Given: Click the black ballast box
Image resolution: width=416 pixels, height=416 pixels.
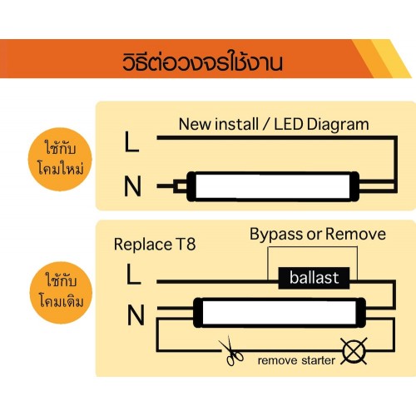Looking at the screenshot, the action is pos(314,278).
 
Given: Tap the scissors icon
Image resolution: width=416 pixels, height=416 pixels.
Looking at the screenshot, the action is pos(230,351).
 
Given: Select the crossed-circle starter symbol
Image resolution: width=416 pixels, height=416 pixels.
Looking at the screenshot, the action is pos(354,351).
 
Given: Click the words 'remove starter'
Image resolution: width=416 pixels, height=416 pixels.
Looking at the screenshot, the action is pos(296,360).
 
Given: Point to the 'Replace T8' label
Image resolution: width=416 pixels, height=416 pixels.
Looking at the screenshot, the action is pos(155,245).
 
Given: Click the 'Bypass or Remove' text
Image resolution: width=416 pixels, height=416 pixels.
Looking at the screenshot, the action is pos(318,235).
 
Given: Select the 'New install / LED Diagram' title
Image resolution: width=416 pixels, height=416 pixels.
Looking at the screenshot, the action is pos(274,125).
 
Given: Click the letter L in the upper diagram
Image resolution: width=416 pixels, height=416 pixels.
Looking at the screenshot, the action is pos(131,141).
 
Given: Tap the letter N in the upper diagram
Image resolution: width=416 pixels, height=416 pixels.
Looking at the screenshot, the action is pos(132,186).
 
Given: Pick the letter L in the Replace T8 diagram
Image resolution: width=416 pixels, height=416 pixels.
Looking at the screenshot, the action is pos(134,274).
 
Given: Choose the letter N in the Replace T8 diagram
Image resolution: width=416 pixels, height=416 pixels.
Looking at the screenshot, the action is pos(136,314).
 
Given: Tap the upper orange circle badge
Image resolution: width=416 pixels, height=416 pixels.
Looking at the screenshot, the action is pos(60,160).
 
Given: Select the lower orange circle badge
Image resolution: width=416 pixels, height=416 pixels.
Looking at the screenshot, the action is pos(61,293).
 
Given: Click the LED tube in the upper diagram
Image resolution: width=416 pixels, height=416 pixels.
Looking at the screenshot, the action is pos(273,186).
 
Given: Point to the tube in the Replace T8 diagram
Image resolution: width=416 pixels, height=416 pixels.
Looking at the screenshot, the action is pos(280,313).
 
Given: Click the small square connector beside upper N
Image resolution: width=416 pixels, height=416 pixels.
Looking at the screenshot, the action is pos(181,186).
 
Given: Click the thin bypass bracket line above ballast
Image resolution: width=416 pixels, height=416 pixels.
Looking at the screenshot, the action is pos(313,247).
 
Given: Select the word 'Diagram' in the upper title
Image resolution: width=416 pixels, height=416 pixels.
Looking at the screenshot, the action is pos(338,125).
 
